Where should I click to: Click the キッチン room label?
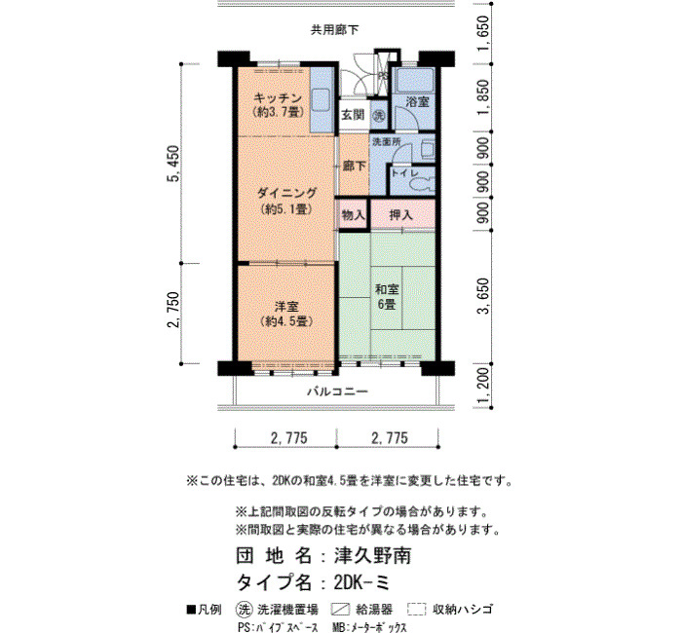[277, 97]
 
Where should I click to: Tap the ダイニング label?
[286, 193]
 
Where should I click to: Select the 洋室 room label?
[286, 307]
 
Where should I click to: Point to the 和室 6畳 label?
[387, 296]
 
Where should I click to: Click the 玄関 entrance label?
[353, 115]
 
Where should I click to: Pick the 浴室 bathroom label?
[417, 102]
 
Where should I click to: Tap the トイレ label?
[404, 173]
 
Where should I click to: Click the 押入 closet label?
[401, 215]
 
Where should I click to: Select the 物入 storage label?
[353, 215]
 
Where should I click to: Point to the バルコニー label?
[337, 391]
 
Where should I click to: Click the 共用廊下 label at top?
[334, 30]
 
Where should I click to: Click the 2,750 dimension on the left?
[173, 310]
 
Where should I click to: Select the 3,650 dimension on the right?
[483, 296]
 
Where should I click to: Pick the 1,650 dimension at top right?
[483, 33]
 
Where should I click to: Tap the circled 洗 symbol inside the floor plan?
[380, 116]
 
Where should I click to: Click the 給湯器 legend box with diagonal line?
[340, 609]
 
